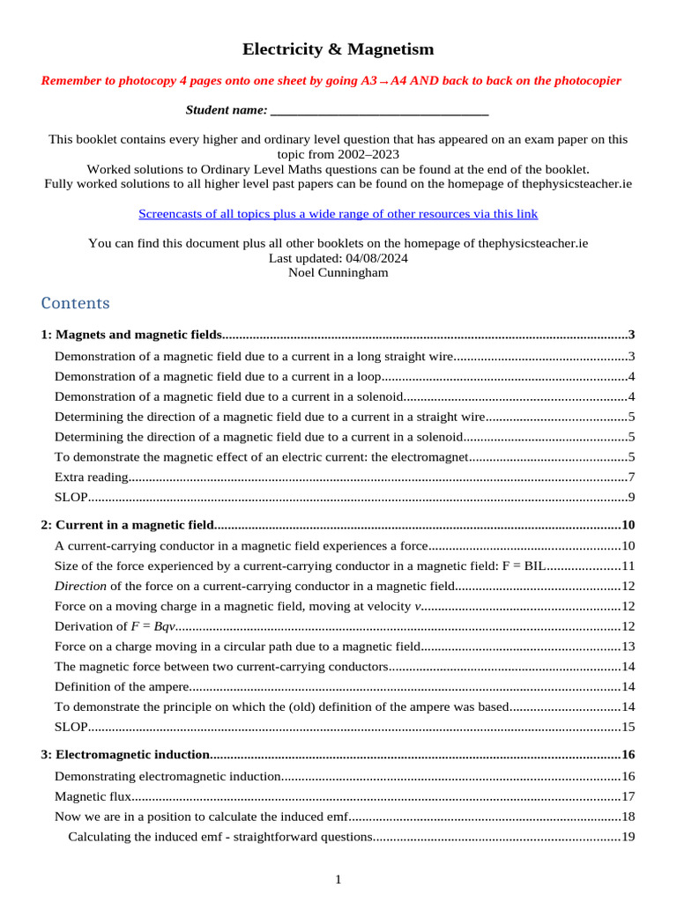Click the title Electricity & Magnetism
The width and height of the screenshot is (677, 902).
338,49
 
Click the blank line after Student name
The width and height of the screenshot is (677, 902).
379,110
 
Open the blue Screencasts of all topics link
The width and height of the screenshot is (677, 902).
338,214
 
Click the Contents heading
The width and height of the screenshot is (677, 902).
76,303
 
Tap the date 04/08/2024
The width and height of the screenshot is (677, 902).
371,258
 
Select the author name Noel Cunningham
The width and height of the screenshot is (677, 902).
338,272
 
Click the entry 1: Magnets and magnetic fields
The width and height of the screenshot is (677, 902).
131,335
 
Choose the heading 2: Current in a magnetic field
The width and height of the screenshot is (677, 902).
127,525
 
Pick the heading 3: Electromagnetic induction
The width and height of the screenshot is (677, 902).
124,755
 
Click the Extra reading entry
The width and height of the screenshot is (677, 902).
92,477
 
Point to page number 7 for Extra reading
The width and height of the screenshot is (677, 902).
631,477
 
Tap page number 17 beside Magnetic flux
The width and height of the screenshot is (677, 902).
629,796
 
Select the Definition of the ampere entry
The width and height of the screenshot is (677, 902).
122,687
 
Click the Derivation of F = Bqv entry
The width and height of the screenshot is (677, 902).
115,626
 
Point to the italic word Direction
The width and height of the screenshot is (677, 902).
80,586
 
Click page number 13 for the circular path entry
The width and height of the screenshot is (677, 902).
629,647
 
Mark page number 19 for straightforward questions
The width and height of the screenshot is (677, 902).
629,837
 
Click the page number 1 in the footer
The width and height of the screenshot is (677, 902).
338,879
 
